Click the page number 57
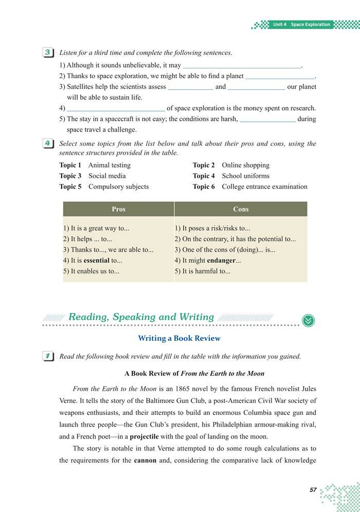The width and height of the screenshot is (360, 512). (313, 490)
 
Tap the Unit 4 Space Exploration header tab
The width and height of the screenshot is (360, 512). (301, 25)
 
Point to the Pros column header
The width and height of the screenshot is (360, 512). (118, 209)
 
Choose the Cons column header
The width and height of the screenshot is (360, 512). (241, 209)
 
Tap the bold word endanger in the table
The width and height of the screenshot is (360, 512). (221, 261)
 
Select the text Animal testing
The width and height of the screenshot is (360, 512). (110, 165)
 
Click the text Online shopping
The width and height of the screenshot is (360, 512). (245, 165)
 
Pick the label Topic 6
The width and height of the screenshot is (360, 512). (204, 187)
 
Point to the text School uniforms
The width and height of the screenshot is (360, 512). (246, 176)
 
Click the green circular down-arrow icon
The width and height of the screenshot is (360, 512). (309, 320)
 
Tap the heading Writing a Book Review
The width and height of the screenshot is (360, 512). (179, 338)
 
